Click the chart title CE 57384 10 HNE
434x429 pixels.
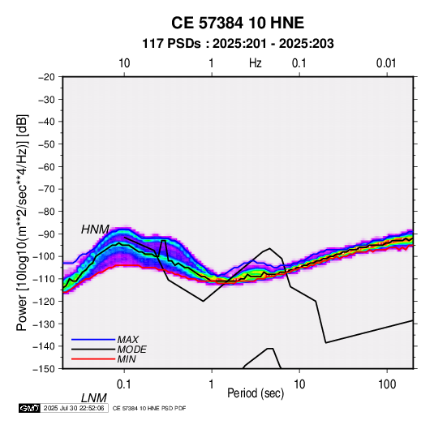point(238,23)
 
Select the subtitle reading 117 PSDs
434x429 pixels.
point(172,44)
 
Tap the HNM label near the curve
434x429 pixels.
point(95,230)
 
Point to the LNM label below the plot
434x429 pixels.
point(93,398)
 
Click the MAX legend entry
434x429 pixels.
point(127,340)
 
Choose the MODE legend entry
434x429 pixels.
point(131,350)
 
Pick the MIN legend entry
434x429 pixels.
point(127,359)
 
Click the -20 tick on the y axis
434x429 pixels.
point(46,77)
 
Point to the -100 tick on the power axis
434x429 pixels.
point(44,256)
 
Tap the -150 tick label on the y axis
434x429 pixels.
point(44,369)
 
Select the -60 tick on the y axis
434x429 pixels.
point(46,166)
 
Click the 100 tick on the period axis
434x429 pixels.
point(387,384)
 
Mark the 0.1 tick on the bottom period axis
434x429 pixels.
point(124,384)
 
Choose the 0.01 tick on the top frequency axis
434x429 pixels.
point(386,63)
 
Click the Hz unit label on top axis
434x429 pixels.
point(256,63)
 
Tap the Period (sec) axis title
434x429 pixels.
point(256,393)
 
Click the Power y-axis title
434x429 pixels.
point(22,222)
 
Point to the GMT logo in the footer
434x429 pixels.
point(29,408)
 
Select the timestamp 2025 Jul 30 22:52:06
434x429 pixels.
point(74,408)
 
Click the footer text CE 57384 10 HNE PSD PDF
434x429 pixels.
point(149,408)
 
